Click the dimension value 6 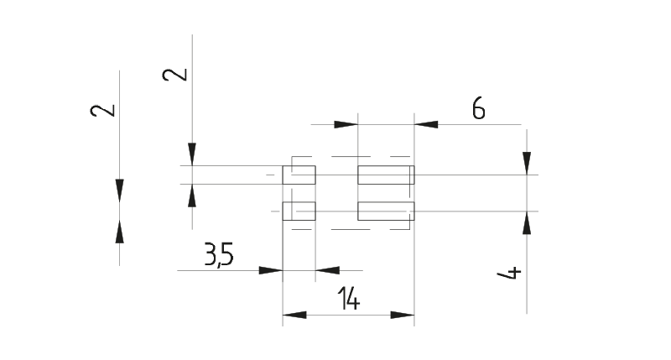coord(479,108)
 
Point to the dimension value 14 coord(348,299)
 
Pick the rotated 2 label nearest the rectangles coord(176,75)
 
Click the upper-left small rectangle coord(299,175)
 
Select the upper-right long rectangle coord(386,175)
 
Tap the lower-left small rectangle coord(299,211)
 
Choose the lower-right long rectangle coord(386,211)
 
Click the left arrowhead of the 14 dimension coord(294,316)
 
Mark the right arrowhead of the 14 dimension coord(403,316)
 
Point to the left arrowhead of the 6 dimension coord(346,125)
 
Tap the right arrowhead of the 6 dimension coord(426,125)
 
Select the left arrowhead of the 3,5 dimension coord(270,270)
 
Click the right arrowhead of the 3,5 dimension coord(327,270)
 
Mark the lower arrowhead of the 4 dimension coord(527,222)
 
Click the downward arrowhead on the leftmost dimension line coord(120,190)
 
